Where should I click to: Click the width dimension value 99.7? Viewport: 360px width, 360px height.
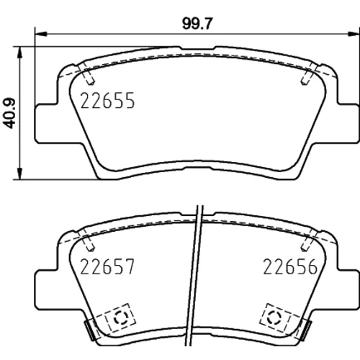coord(197,24)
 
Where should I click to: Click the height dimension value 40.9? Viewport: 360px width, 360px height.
coord(9,113)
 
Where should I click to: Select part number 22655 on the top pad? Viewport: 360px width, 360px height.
coord(107,101)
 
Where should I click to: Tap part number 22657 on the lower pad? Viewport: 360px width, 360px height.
coord(107,266)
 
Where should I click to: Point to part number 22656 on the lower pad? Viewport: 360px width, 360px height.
coord(290,266)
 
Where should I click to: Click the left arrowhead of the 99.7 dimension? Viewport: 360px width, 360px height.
coord(41,34)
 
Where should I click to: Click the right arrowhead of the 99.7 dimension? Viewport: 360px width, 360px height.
coord(354,34)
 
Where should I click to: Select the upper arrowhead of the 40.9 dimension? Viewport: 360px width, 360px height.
coord(20,53)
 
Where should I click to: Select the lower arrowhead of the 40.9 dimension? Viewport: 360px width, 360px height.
coord(20,173)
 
